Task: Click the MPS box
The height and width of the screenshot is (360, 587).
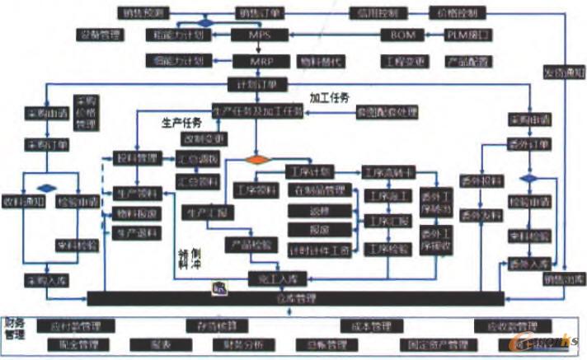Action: (259, 35)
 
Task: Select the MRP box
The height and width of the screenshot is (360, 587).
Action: (259, 61)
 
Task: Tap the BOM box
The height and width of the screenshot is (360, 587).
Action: (403, 35)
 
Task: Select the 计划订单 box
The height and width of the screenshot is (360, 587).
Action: (257, 84)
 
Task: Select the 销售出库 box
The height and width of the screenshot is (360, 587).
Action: (561, 279)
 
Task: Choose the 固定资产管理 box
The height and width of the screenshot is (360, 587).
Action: (438, 344)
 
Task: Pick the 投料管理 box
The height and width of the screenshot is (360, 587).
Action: (134, 157)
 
